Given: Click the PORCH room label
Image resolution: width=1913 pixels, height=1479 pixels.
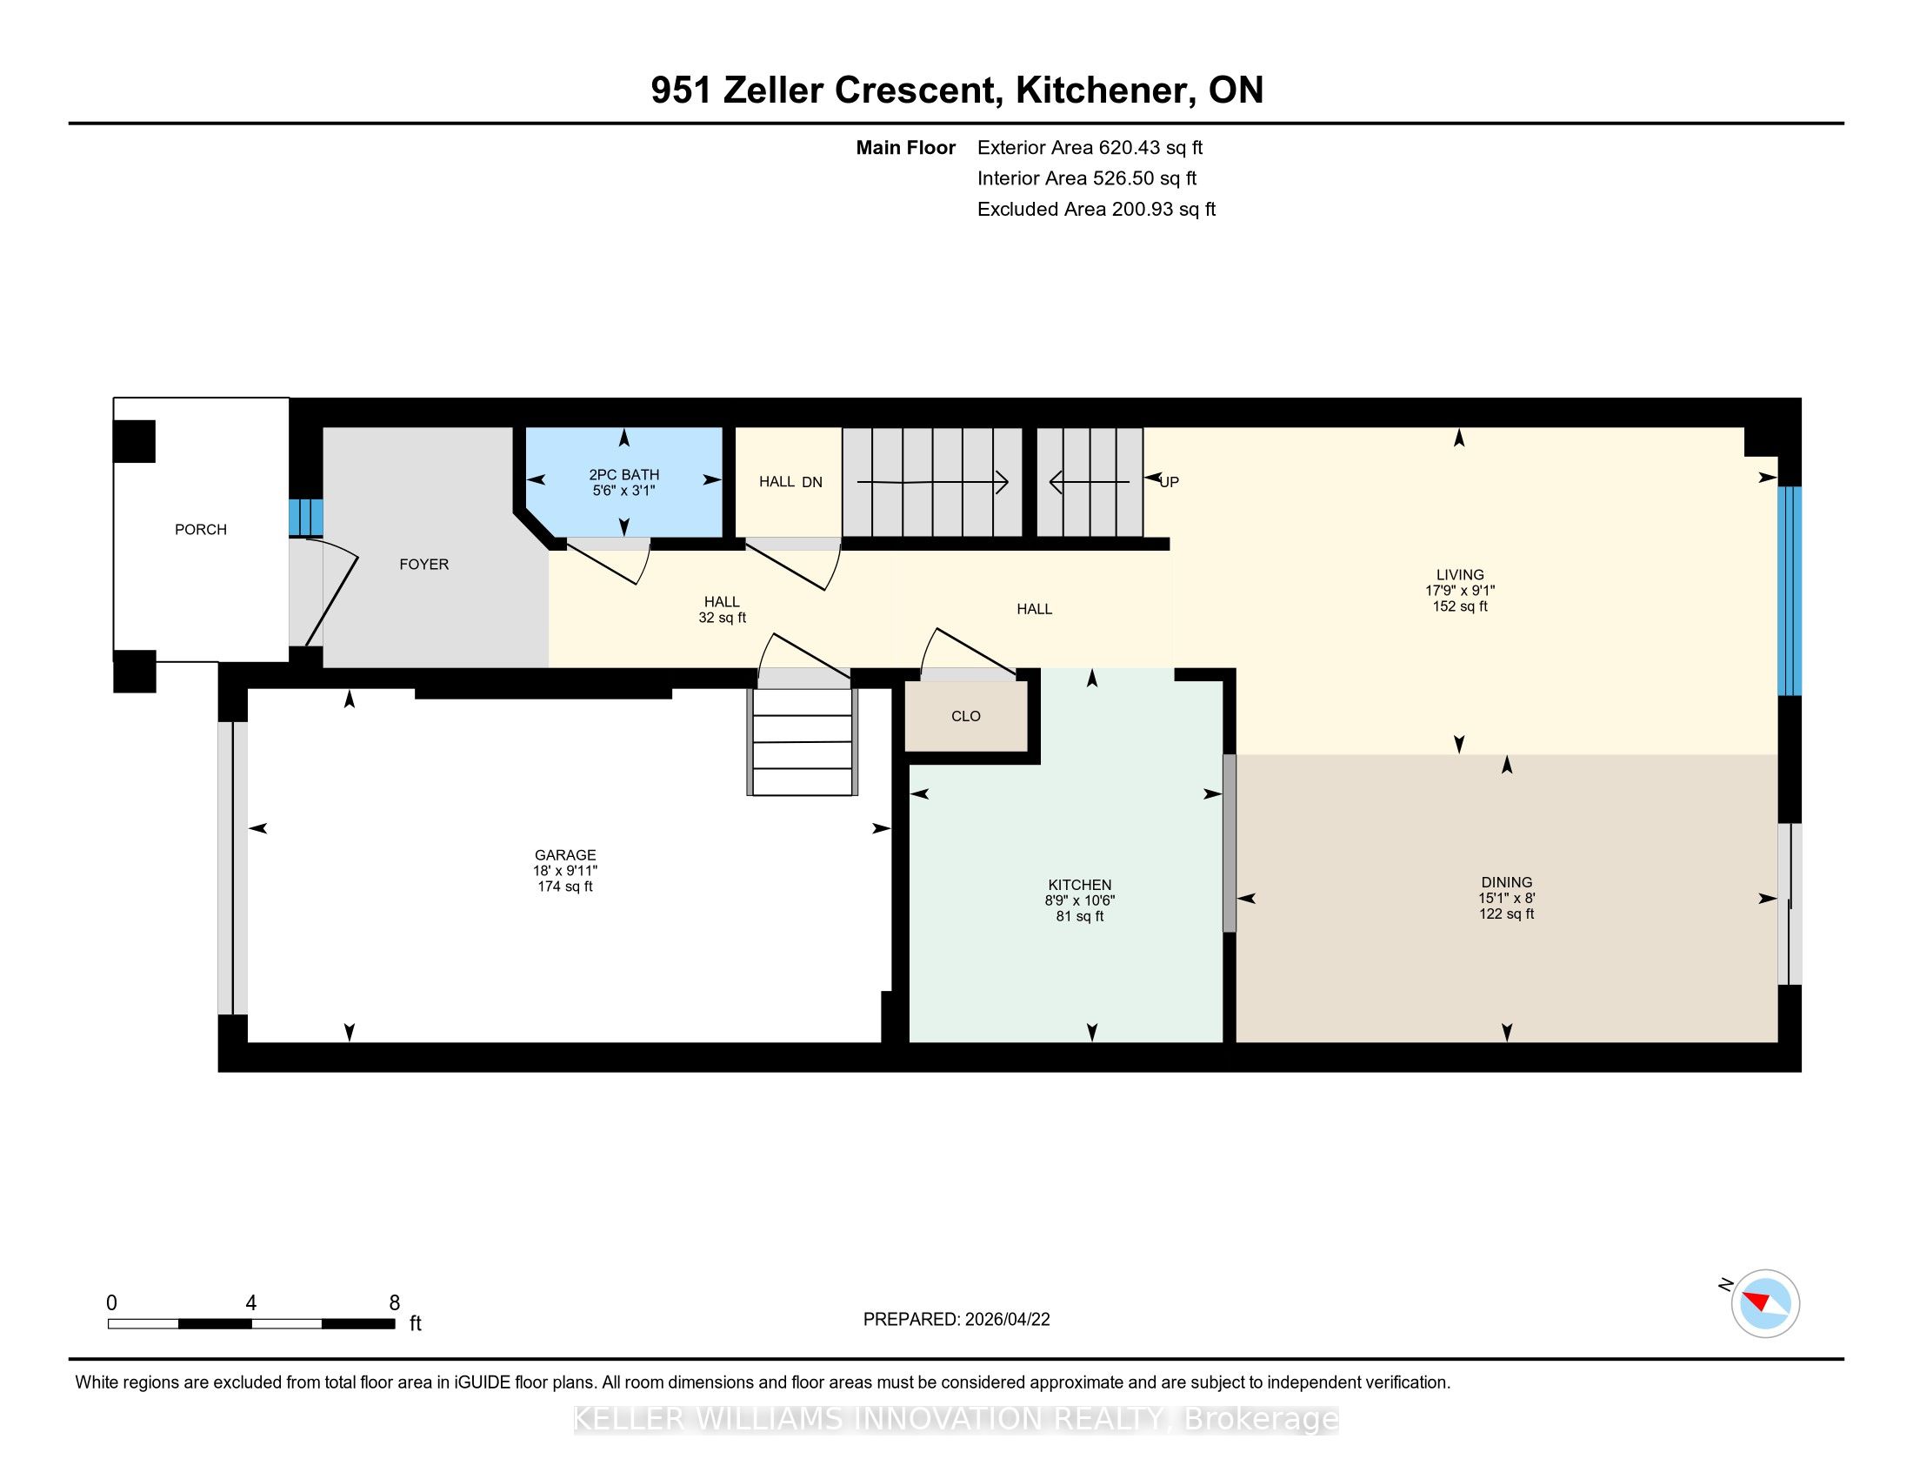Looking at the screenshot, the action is click(201, 529).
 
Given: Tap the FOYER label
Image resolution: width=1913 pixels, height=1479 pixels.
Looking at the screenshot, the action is click(424, 565).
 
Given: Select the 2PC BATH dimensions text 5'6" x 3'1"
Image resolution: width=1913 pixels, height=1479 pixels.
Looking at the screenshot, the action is click(623, 491).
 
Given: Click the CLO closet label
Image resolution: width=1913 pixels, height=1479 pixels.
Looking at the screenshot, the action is click(965, 716).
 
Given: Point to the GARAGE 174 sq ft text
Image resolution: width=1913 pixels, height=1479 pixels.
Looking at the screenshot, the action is click(565, 886).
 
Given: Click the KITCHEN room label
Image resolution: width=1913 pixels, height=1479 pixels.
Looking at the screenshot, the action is click(1079, 885).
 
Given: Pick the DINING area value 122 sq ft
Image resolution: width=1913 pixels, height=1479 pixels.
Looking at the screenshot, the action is click(1507, 913).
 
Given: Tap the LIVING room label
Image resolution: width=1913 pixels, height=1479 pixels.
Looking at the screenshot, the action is click(1459, 575).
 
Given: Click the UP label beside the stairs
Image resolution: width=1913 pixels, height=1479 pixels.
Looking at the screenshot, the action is click(1170, 482).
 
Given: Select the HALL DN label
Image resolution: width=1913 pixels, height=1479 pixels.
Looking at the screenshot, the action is click(790, 482).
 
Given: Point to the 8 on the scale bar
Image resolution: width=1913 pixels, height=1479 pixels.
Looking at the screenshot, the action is click(394, 1303).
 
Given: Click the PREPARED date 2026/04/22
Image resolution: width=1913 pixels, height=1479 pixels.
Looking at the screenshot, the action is click(1006, 1320).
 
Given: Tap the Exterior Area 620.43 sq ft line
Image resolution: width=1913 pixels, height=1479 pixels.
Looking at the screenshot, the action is click(1090, 148).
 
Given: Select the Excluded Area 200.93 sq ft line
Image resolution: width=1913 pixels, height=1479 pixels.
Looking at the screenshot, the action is click(1096, 210).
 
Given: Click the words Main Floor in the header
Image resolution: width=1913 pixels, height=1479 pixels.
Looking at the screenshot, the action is click(905, 148).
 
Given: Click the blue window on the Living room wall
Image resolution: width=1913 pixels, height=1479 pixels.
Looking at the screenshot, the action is click(1789, 591).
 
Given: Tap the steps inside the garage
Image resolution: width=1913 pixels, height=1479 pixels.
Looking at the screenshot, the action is click(803, 741).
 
